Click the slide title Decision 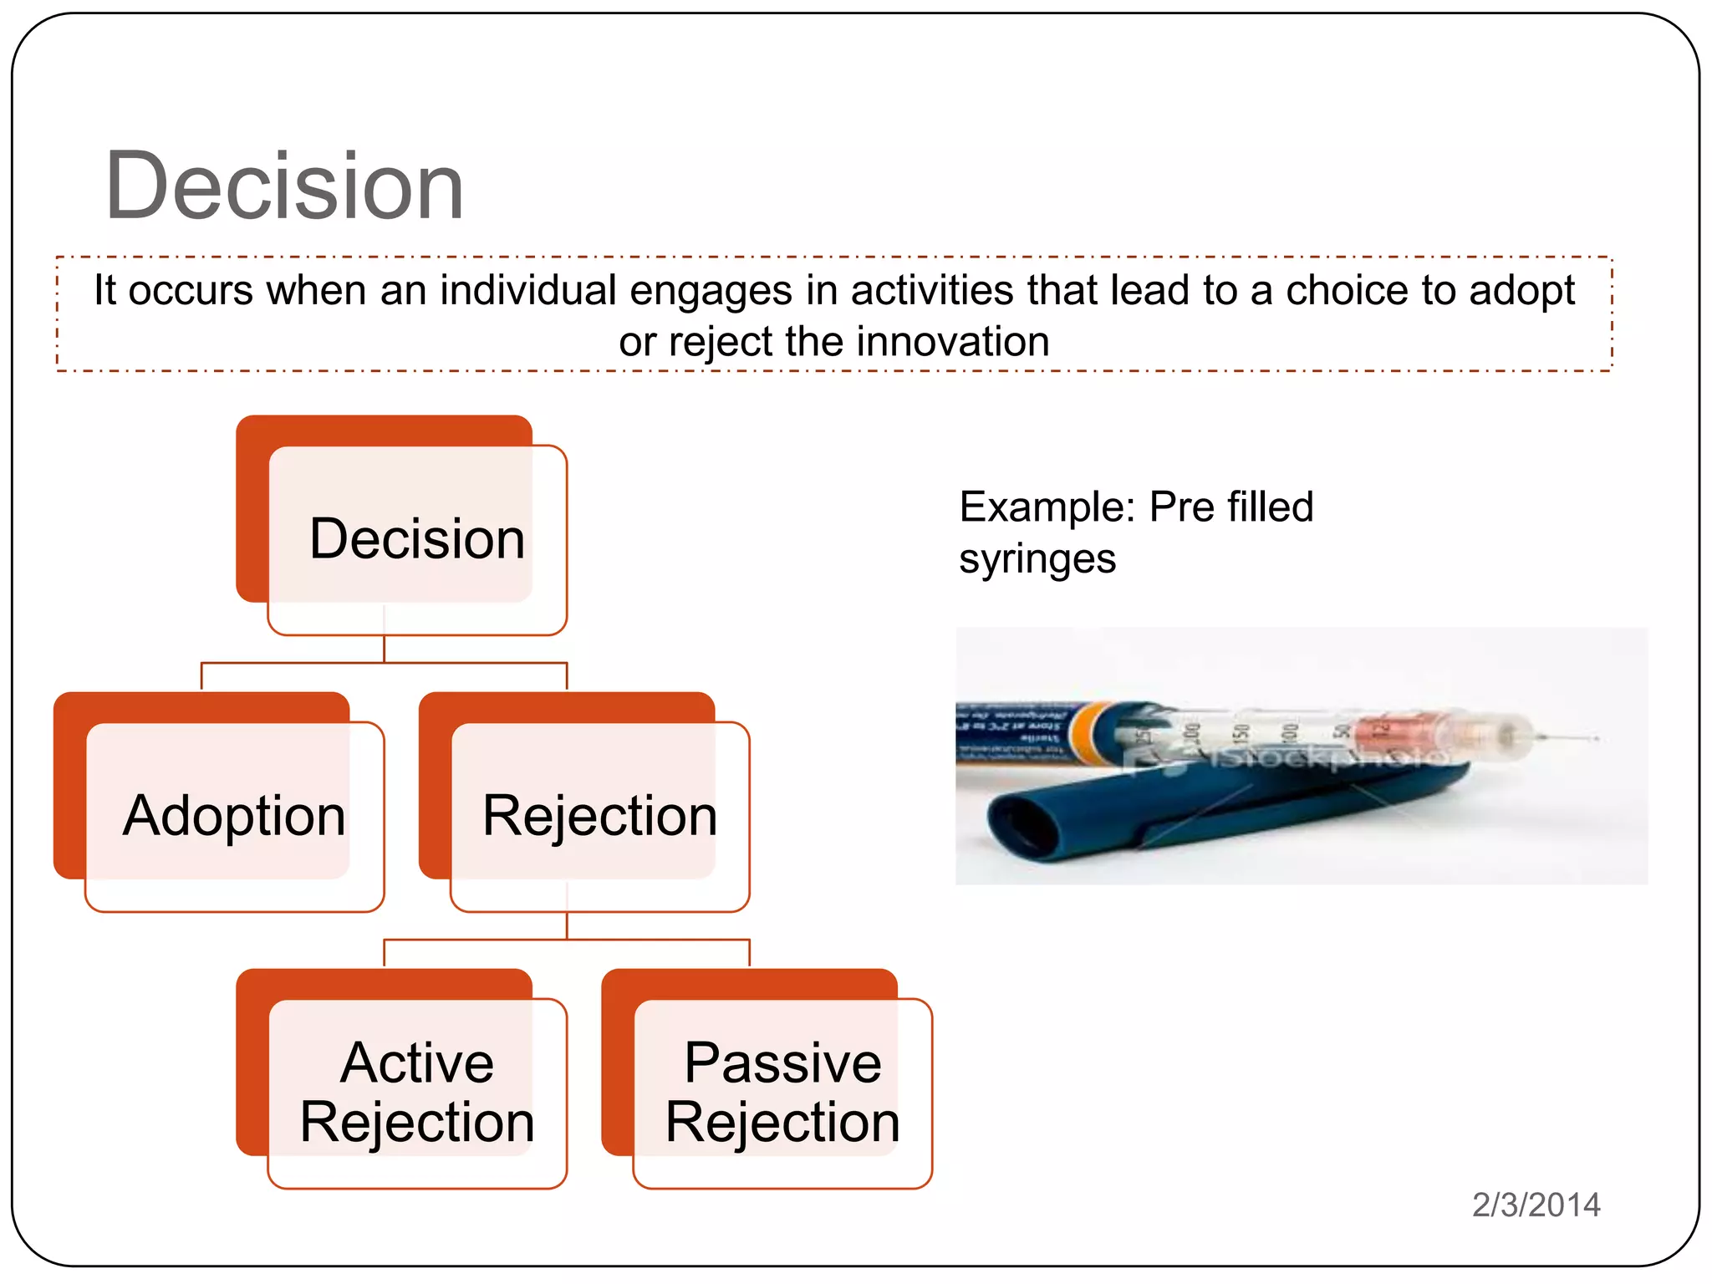coord(284,186)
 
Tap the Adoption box coord(234,815)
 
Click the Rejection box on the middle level coord(599,815)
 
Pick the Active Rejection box coord(416,1091)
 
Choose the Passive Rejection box coord(782,1091)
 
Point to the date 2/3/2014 coord(1536,1205)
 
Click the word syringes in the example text coord(1037,558)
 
